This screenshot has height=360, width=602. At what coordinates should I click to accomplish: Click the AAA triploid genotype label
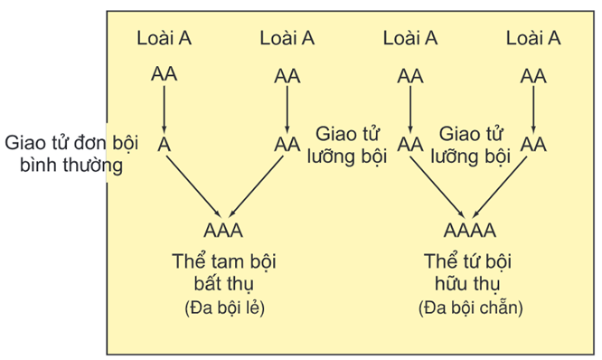[224, 230]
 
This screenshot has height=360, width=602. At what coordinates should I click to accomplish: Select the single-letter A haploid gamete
[164, 145]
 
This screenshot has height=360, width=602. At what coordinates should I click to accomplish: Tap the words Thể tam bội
[223, 261]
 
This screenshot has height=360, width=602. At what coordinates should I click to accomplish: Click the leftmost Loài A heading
[164, 38]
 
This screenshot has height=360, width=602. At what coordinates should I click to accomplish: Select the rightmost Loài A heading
[533, 38]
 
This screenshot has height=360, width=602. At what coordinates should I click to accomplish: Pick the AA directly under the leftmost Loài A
[164, 76]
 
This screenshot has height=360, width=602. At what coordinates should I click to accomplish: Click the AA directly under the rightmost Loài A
[533, 76]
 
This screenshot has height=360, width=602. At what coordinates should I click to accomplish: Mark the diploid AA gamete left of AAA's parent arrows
[287, 145]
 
